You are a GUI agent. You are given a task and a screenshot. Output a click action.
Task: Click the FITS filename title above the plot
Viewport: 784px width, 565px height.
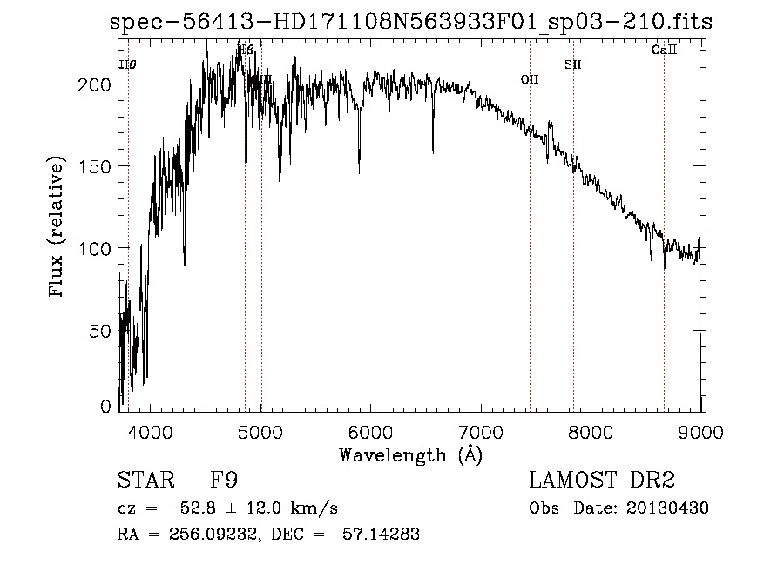(411, 22)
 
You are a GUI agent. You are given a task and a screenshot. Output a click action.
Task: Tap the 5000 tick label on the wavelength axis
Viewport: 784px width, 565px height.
(260, 431)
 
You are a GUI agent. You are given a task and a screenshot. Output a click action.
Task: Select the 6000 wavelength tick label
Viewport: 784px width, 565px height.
(371, 431)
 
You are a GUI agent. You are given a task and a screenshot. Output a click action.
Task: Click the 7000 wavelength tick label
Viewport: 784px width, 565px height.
(482, 431)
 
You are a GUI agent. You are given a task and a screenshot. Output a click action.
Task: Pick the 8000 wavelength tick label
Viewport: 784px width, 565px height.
(592, 431)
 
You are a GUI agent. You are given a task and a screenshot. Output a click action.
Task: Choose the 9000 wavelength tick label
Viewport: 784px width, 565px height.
(703, 431)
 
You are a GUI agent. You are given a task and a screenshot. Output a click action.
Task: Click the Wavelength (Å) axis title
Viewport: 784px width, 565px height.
(410, 454)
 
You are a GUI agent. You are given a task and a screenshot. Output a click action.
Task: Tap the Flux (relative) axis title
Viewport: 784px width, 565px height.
(58, 228)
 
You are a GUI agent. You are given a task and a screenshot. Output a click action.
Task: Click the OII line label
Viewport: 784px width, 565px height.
(530, 79)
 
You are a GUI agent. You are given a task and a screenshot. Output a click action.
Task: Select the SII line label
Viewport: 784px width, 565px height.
(572, 64)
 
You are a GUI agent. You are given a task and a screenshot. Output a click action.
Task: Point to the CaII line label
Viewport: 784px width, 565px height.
(664, 50)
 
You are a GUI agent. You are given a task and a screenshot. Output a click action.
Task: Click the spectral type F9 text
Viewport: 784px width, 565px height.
(225, 481)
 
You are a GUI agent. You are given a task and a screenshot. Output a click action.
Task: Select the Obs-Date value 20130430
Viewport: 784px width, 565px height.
(667, 508)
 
